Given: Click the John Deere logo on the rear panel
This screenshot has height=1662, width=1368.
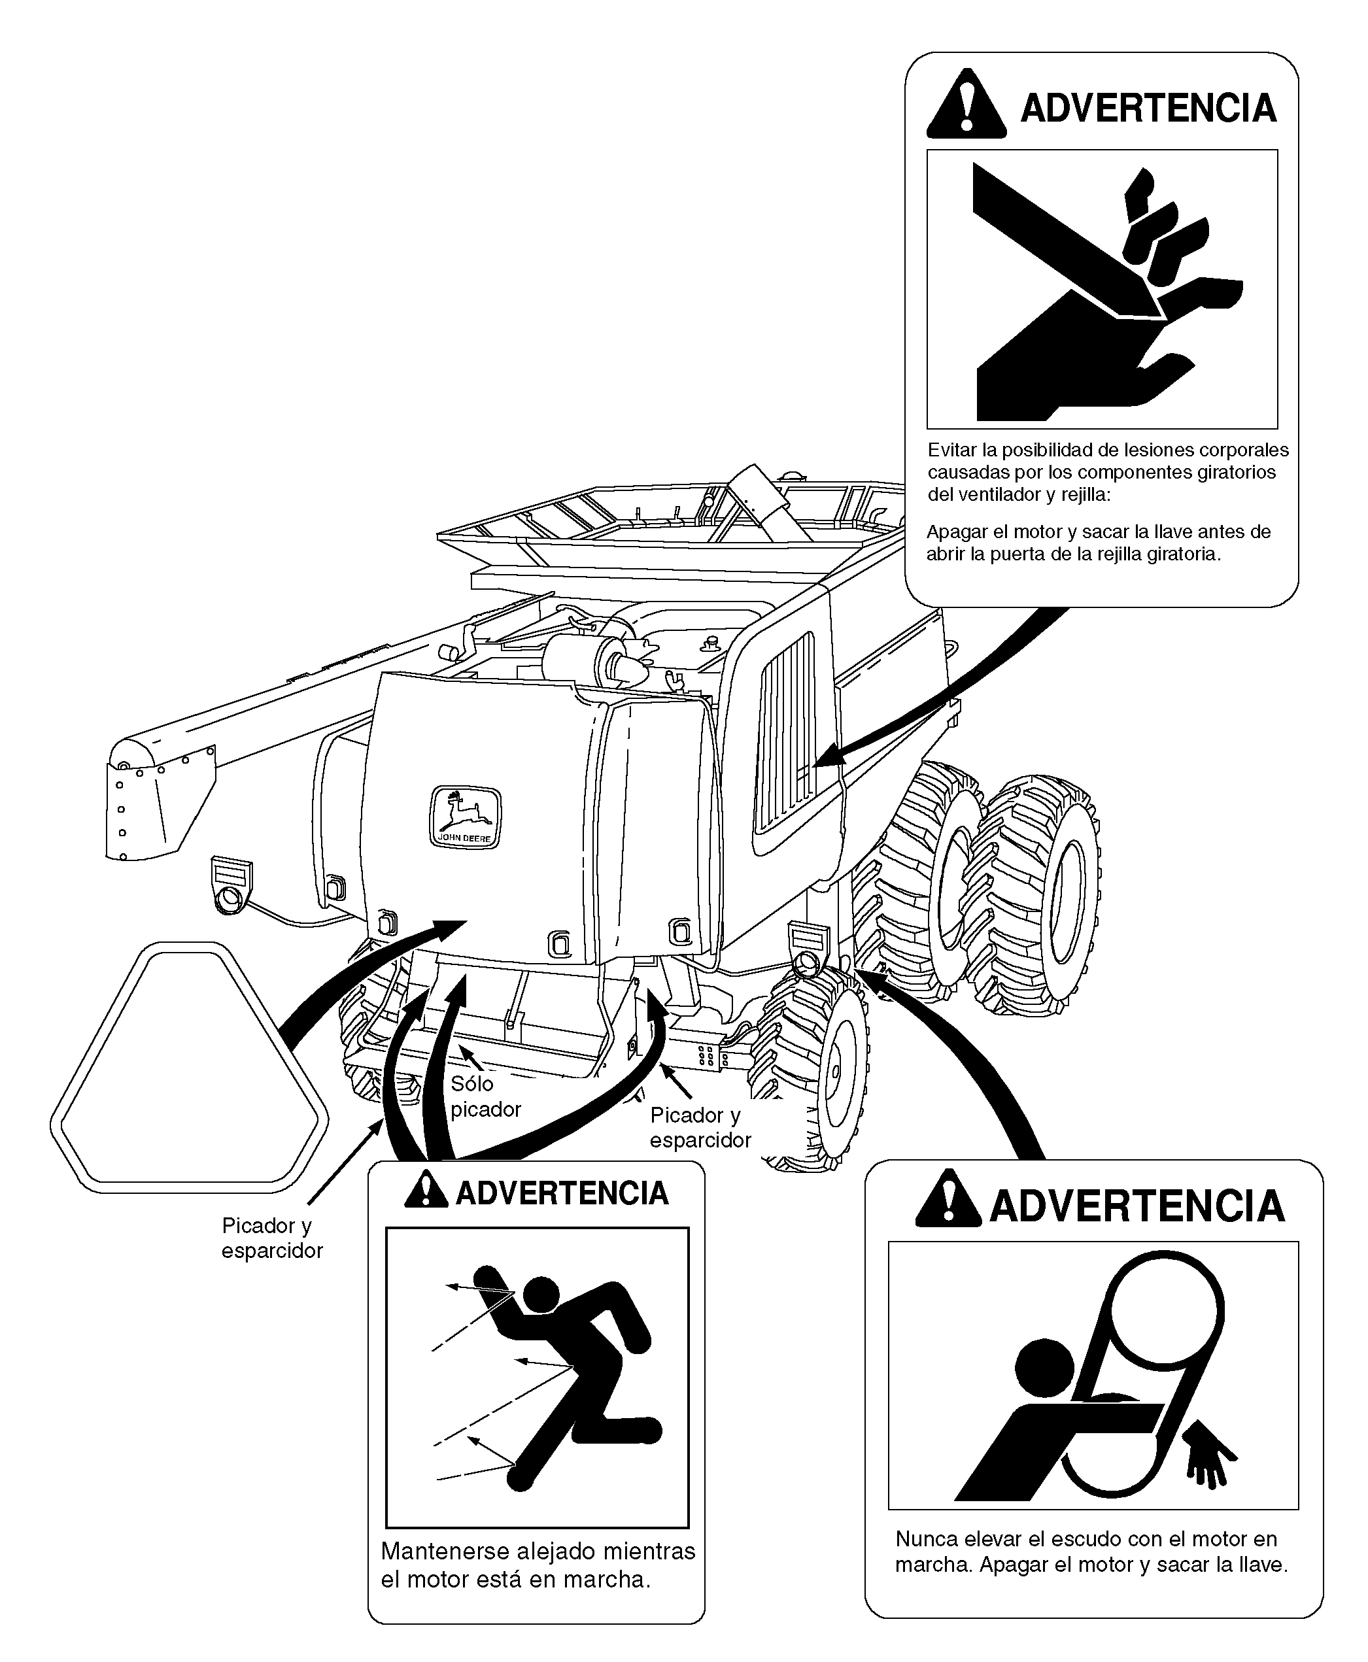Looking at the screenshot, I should pos(465,817).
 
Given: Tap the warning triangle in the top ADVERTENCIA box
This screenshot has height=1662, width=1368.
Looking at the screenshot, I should pos(966,105).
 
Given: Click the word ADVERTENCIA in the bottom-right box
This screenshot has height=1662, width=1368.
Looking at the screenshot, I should pos(1137,1206).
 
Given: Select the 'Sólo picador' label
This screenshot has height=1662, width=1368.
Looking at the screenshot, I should pos(485,1096).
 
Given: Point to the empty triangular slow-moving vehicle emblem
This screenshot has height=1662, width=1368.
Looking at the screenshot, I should pos(189,1066).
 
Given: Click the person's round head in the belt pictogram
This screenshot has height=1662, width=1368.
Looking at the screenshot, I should pos(1044,1366).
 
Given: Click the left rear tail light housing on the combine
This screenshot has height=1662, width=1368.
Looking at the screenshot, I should pos(231,885).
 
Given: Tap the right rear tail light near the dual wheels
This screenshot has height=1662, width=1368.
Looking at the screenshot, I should pos(808,950).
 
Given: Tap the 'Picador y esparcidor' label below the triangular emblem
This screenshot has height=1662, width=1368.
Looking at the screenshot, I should pos(271,1238).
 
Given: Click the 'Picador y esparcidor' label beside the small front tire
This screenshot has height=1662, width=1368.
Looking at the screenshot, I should pos(700,1127).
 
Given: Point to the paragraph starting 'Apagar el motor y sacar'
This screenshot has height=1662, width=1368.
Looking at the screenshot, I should pos(1098,543).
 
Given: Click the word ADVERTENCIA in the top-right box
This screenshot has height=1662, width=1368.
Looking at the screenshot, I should pos(1148,109).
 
